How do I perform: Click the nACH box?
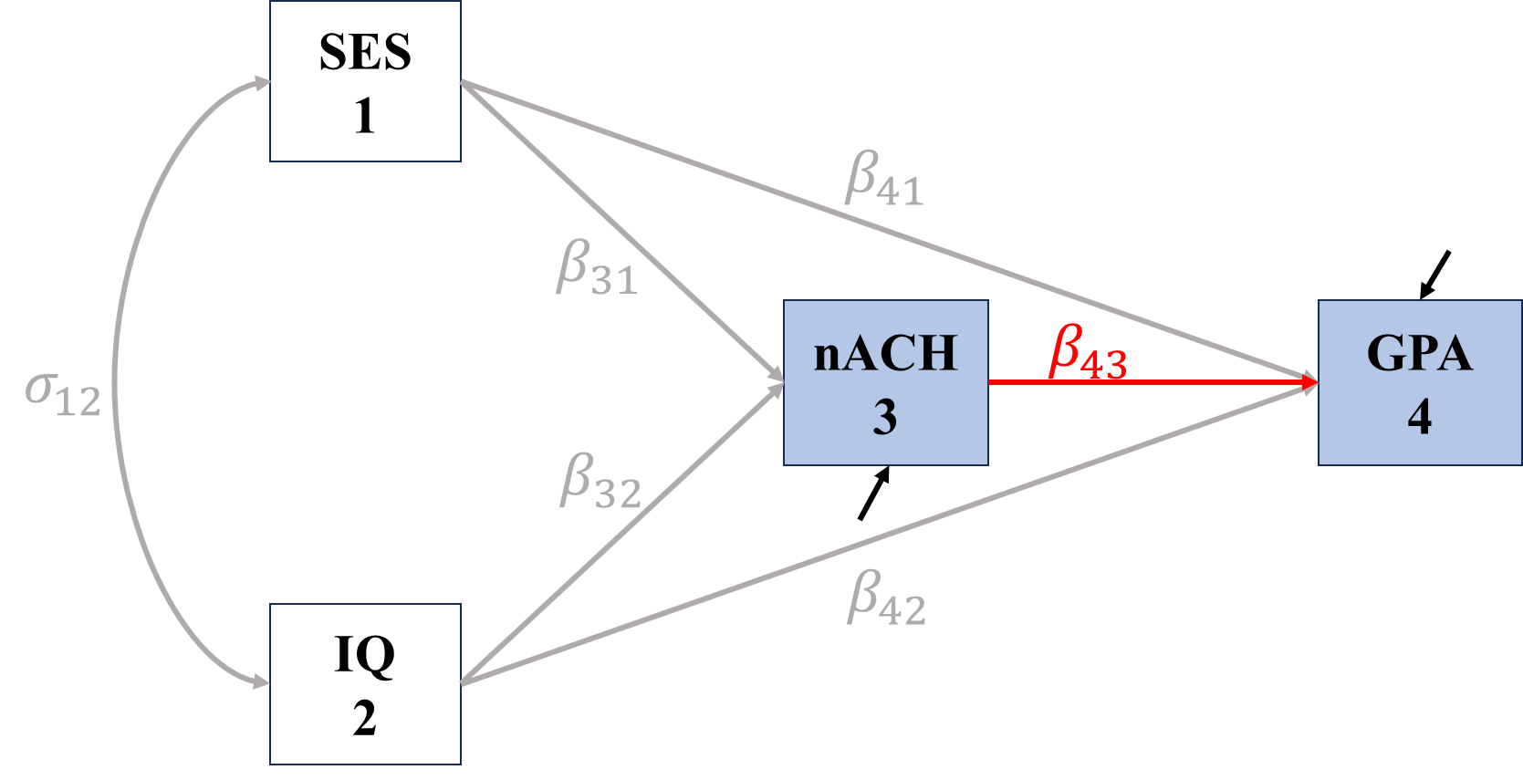pyautogui.click(x=885, y=382)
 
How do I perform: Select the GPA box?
pyautogui.click(x=1419, y=382)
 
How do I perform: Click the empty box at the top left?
pyautogui.click(x=365, y=81)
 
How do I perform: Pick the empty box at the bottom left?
pyautogui.click(x=365, y=683)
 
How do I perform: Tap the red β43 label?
pyautogui.click(x=1088, y=352)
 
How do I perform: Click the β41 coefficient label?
pyautogui.click(x=883, y=179)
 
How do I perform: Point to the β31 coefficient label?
pyautogui.click(x=596, y=267)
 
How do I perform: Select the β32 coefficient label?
pyautogui.click(x=600, y=481)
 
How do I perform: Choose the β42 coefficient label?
pyautogui.click(x=885, y=598)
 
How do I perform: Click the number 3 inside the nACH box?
pyautogui.click(x=884, y=418)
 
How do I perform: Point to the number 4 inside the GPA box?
pyautogui.click(x=1419, y=418)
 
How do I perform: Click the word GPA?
pyautogui.click(x=1419, y=353)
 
